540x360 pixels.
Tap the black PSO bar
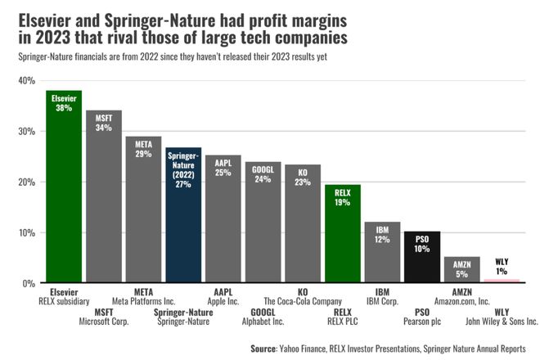[x=422, y=257]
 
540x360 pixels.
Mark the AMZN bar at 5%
[x=461, y=270]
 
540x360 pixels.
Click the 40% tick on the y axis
[x=25, y=81]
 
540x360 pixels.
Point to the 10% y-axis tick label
[x=25, y=232]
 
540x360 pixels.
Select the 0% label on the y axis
[x=28, y=283]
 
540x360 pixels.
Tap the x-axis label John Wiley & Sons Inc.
[x=502, y=322]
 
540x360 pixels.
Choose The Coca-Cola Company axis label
[x=302, y=301]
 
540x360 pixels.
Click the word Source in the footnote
[x=263, y=349]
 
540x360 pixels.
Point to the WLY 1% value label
[x=502, y=267]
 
